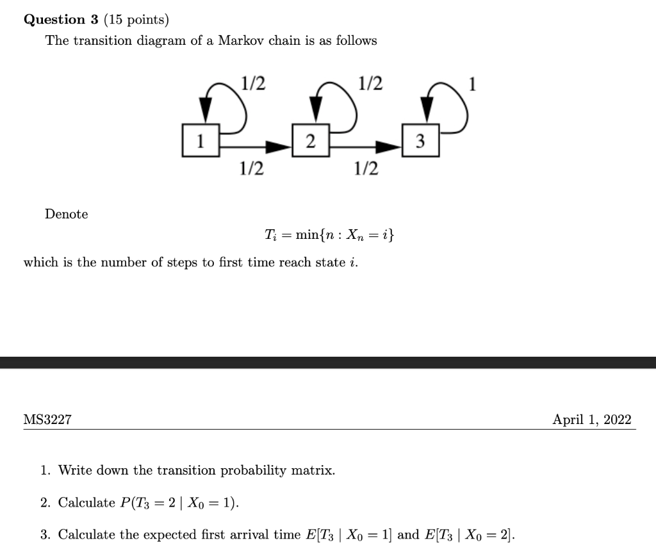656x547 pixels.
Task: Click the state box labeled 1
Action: [201, 140]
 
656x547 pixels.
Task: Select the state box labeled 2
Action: [311, 141]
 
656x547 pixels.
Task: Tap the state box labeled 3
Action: [421, 141]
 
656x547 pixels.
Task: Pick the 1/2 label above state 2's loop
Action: [371, 83]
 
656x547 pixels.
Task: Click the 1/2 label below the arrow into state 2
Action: [251, 169]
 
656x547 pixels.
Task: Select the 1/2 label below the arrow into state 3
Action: [366, 169]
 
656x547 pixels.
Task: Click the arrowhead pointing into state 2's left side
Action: [279, 147]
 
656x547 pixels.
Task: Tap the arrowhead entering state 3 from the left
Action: [389, 147]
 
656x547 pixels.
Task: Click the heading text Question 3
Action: [61, 20]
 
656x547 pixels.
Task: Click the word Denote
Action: [67, 214]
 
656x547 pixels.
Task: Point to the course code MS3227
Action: [47, 420]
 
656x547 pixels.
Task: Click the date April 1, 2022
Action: [592, 420]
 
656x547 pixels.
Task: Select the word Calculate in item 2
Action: [86, 502]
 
